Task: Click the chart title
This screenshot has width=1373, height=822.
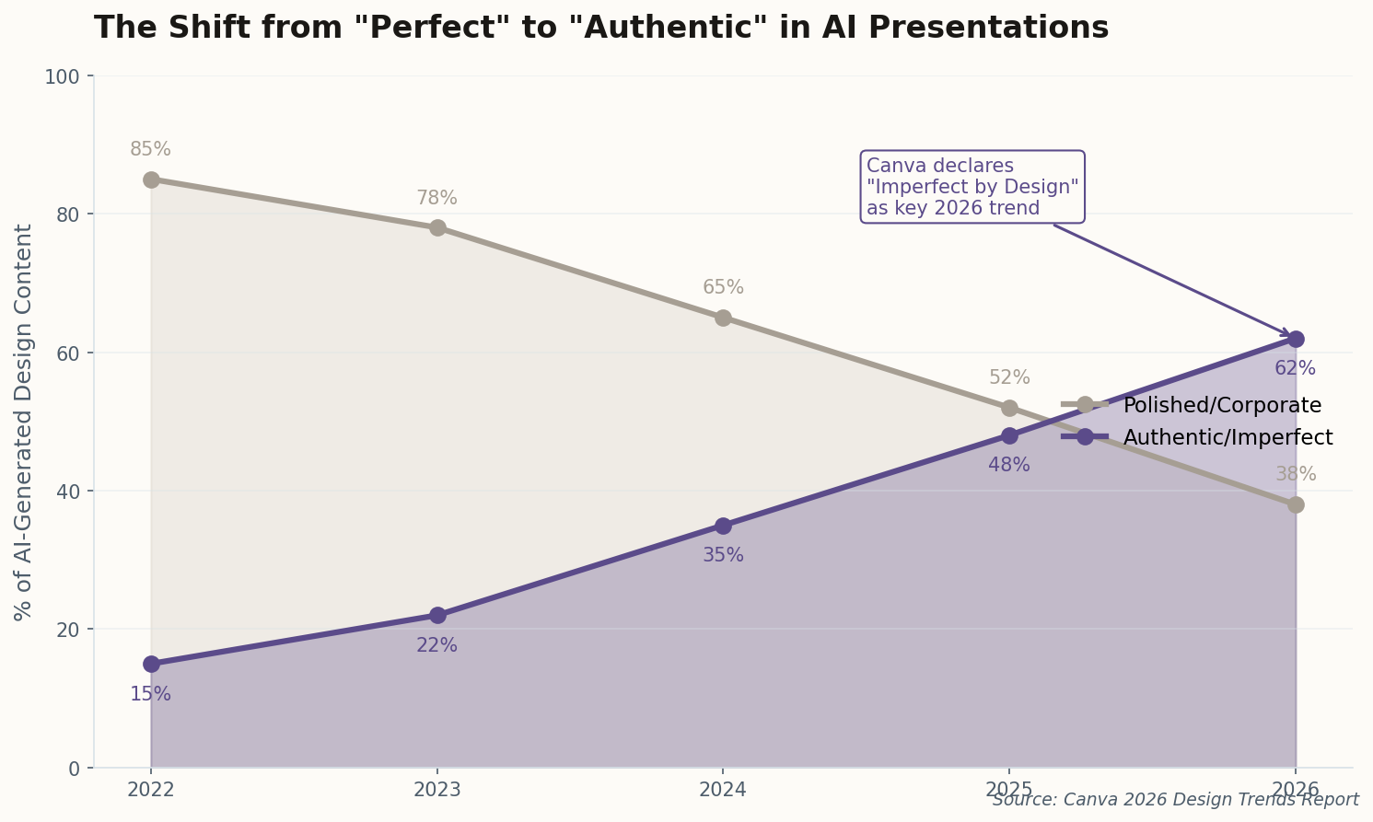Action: coord(600,28)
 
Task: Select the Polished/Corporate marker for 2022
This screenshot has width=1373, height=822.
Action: coord(151,179)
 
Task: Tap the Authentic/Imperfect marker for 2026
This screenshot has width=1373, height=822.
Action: coord(1296,339)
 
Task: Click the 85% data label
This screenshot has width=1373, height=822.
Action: coord(150,149)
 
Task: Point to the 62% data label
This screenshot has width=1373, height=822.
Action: coord(1295,368)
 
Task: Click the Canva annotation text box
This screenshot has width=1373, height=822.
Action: coord(972,187)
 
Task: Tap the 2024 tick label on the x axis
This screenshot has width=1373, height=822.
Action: coord(723,790)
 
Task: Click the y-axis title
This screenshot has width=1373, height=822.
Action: coord(24,422)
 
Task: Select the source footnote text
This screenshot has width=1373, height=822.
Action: coord(1175,800)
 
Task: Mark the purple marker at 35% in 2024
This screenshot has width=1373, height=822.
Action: coord(723,526)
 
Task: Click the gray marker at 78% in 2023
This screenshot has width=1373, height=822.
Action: coord(437,227)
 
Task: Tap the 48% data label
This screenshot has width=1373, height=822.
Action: coord(1009,465)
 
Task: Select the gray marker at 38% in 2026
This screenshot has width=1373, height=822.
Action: coord(1296,504)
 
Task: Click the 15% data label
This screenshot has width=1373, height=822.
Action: coord(150,694)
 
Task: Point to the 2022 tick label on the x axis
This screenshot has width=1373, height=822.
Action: coord(151,790)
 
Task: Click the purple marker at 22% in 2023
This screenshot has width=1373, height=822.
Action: coord(437,615)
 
